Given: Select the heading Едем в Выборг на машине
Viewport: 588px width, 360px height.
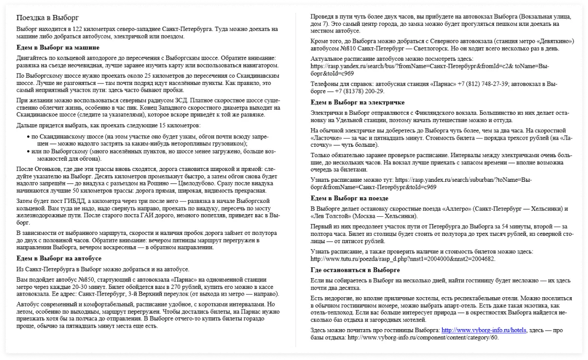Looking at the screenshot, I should (x=58, y=47).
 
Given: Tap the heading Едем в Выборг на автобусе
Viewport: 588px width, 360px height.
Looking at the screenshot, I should (x=59, y=258).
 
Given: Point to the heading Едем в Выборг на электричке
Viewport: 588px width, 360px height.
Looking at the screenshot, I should (x=358, y=102).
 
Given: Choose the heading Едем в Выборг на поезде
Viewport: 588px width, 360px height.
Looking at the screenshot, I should (x=350, y=198).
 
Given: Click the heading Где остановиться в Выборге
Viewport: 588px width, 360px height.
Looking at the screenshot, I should (x=355, y=270).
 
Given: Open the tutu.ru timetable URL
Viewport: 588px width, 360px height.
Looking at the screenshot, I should (x=403, y=259).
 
